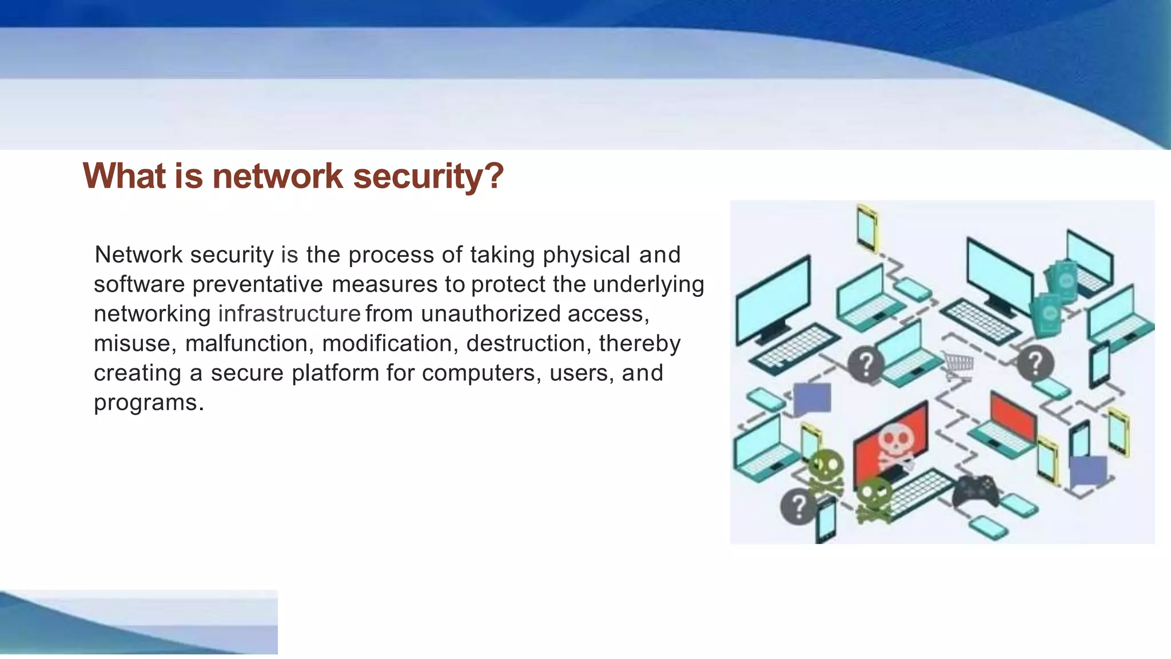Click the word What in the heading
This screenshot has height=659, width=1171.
coord(125,176)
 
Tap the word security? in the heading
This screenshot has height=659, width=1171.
coord(428,176)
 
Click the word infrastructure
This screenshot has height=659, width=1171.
coord(289,313)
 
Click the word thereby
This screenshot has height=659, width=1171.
coord(639,343)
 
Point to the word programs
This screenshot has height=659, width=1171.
coord(148,403)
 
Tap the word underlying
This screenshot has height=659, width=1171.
coord(648,284)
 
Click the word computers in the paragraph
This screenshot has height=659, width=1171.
coord(481,373)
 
